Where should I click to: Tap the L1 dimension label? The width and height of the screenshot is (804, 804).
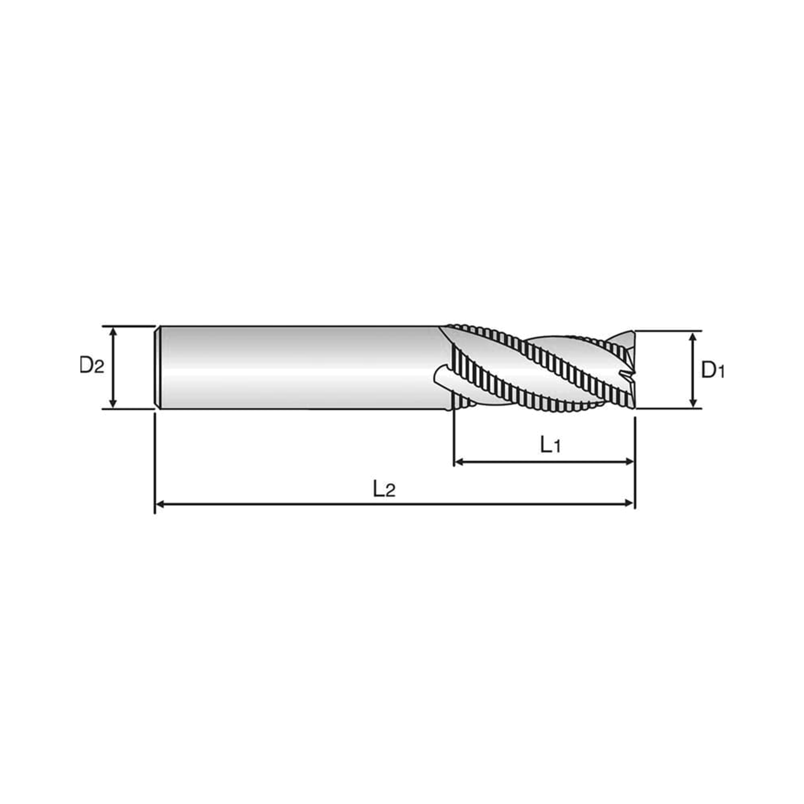tap(550, 445)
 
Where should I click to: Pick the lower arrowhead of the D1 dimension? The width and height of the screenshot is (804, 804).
tap(693, 402)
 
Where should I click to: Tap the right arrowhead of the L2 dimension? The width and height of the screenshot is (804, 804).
tap(628, 505)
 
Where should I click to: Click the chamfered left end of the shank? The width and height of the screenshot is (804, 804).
tap(158, 367)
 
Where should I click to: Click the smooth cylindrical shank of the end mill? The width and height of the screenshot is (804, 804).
tap(299, 367)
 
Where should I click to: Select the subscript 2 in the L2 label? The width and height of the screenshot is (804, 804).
tap(390, 492)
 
